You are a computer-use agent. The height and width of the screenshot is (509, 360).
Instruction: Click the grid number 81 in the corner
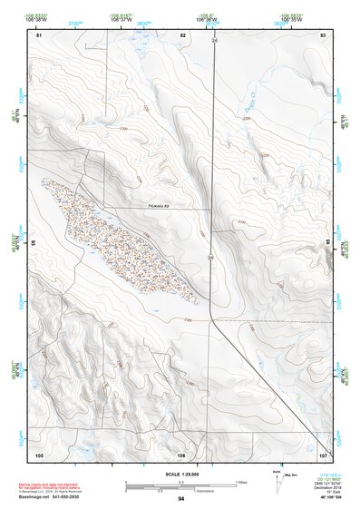[39, 34]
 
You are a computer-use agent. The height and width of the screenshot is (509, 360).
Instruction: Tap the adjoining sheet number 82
[183, 34]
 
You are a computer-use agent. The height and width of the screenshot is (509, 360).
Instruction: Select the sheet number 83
[322, 34]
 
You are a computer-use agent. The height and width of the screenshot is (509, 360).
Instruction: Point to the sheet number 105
[39, 454]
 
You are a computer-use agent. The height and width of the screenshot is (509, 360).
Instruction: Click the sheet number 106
[181, 454]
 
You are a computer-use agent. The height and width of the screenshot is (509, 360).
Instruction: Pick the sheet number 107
[322, 454]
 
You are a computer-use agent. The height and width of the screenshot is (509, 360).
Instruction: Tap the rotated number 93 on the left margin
[33, 244]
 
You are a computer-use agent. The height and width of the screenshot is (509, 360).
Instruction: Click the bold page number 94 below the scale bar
[181, 499]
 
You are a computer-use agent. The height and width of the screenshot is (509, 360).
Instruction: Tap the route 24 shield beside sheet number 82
[215, 41]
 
